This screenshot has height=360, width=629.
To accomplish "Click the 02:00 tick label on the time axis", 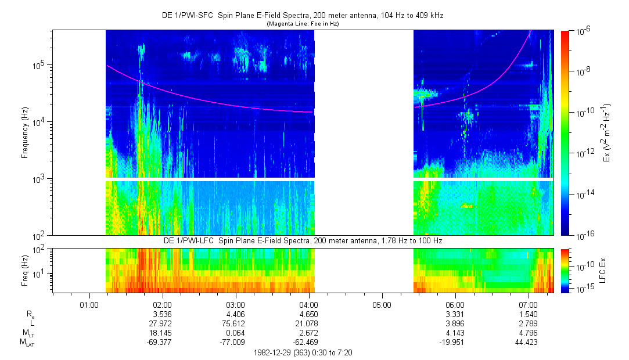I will (x=162, y=304).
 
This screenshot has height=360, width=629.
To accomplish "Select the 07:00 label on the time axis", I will (x=528, y=304).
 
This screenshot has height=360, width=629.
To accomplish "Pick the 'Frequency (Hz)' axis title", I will (x=24, y=133).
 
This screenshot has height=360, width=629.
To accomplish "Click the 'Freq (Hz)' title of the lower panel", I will (x=24, y=270).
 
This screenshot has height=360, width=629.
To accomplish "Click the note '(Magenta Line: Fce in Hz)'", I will (x=302, y=24).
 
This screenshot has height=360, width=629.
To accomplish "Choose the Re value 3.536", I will (x=162, y=314).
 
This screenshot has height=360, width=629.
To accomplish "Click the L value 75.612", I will (x=235, y=323).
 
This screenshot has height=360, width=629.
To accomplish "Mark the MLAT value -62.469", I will (x=308, y=342).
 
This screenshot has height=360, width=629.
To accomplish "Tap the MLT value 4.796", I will (x=528, y=333).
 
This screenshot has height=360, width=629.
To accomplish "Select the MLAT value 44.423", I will (x=528, y=342).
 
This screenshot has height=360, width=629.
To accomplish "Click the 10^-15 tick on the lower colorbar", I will (x=582, y=288).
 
